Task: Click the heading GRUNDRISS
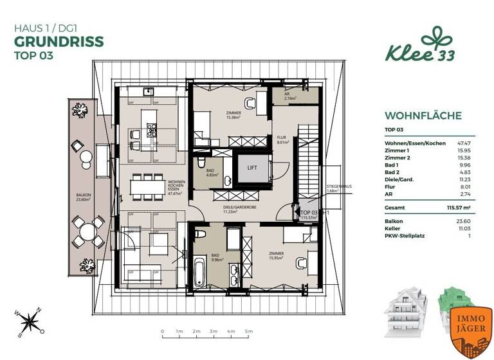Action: pyautogui.click(x=59, y=42)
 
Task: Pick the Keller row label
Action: pyautogui.click(x=392, y=228)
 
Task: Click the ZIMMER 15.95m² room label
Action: pyautogui.click(x=277, y=256)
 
